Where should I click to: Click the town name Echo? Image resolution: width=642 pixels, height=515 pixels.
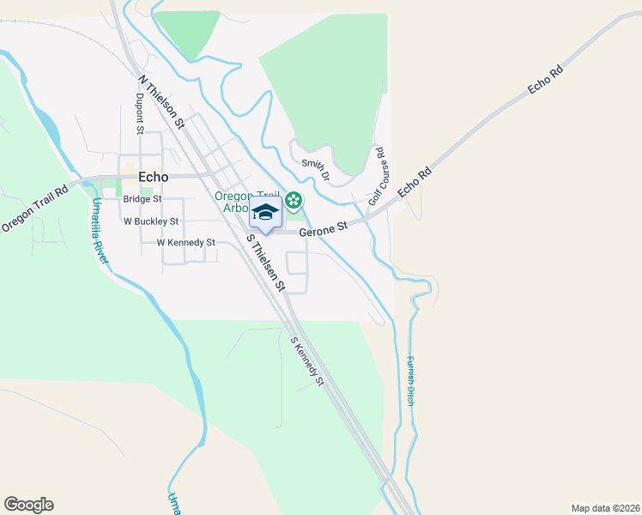(154, 177)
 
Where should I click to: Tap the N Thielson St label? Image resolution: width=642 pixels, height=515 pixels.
(161, 100)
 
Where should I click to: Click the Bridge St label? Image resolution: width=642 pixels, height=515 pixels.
(142, 199)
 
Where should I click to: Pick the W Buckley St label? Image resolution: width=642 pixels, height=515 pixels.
(150, 221)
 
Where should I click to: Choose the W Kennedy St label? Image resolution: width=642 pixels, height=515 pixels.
(185, 243)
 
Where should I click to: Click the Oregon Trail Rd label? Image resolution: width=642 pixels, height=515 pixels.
(34, 209)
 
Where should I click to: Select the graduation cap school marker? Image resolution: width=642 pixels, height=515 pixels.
(265, 212)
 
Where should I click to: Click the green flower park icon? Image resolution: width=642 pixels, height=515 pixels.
(294, 201)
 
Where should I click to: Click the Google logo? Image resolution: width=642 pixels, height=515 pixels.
(28, 505)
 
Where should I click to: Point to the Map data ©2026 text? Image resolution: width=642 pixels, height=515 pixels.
(604, 507)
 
